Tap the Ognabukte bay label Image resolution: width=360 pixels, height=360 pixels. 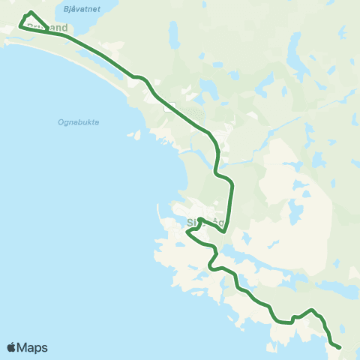pos(78,122)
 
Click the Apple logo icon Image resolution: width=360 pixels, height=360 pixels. pos(11,347)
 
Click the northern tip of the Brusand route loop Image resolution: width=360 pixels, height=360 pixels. pos(30,12)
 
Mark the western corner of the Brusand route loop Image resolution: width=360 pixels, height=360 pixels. pos(19,27)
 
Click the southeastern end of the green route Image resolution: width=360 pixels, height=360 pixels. pos(340,347)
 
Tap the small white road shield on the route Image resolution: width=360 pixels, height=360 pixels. pos(169,106)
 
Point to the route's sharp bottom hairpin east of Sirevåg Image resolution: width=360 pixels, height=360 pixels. pos(224,232)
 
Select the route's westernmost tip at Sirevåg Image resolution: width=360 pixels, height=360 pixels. pos(187,234)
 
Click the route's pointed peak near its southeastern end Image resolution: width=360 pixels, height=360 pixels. pos(313,309)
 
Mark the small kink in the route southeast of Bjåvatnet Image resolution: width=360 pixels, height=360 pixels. pos(137,76)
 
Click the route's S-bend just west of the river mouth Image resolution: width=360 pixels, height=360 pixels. pos(217,161)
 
